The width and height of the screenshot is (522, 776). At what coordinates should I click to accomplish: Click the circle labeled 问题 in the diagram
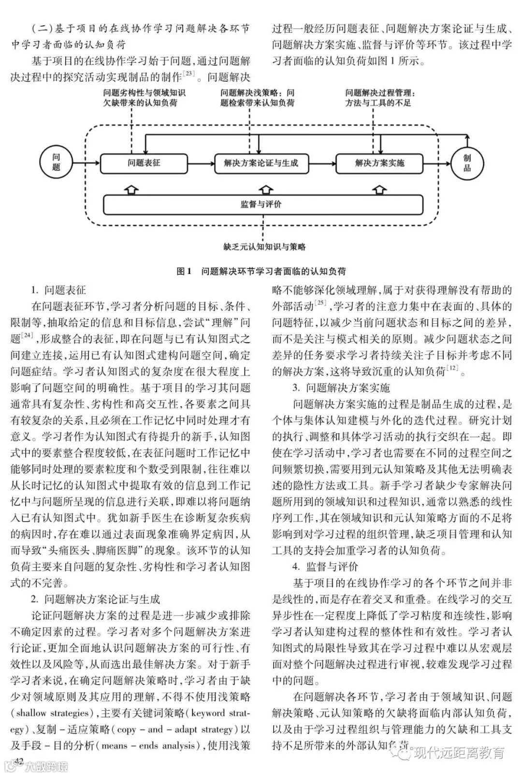[57, 162]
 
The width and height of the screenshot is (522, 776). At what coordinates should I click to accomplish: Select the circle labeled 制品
[467, 163]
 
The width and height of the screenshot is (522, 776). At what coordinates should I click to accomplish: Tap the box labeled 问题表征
[144, 163]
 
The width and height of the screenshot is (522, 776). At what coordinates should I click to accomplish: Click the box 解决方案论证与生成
[261, 163]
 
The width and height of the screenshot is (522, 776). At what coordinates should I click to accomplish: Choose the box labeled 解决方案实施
[379, 163]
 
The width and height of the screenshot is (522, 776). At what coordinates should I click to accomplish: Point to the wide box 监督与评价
[263, 204]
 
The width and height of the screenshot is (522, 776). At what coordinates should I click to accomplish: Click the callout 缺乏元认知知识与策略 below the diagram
[264, 247]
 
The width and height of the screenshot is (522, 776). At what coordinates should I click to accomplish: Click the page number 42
[19, 761]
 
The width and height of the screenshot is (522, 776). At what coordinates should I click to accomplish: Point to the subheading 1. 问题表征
[58, 290]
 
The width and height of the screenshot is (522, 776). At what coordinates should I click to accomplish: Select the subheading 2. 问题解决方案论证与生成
[95, 600]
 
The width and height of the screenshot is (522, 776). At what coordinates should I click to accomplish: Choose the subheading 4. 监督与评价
[325, 567]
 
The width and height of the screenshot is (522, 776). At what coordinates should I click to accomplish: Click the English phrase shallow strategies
[53, 713]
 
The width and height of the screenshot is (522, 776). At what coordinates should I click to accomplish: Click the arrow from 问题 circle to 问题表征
[87, 163]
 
